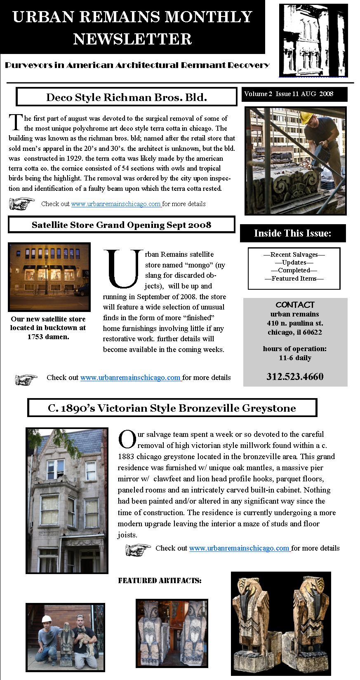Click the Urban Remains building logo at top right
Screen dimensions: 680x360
[313, 40]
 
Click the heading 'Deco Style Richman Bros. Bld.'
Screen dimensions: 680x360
[126, 97]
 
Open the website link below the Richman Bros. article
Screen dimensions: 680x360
[116, 204]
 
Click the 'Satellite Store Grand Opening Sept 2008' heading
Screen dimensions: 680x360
[121, 225]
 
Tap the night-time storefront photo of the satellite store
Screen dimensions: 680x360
[49, 277]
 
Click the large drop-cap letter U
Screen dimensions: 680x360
[122, 268]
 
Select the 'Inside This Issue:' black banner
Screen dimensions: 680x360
[293, 233]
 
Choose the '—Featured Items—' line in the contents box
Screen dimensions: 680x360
[294, 279]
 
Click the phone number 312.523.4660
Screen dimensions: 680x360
[295, 376]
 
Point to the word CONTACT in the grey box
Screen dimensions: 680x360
[295, 305]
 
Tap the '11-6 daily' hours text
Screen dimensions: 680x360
[295, 358]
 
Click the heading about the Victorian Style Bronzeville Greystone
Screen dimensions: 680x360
[172, 408]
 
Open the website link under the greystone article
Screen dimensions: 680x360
[239, 548]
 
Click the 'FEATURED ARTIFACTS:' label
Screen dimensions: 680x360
[160, 581]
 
